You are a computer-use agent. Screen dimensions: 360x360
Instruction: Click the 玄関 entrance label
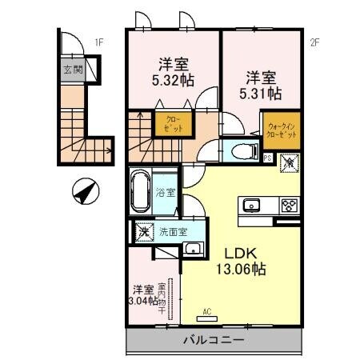pyautogui.click(x=72, y=70)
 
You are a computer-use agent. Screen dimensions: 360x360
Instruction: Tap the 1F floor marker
pyautogui.click(x=99, y=42)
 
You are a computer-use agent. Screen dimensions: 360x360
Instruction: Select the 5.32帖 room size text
pyautogui.click(x=174, y=80)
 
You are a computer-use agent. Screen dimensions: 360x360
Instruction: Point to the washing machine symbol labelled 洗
pyautogui.click(x=144, y=232)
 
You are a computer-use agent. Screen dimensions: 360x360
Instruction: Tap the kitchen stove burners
pyautogui.click(x=288, y=204)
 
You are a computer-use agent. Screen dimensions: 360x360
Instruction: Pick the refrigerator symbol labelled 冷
pyautogui.click(x=290, y=162)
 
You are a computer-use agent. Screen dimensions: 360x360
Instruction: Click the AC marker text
pyautogui.click(x=206, y=311)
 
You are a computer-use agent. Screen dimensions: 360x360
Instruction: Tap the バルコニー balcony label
pyautogui.click(x=213, y=340)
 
